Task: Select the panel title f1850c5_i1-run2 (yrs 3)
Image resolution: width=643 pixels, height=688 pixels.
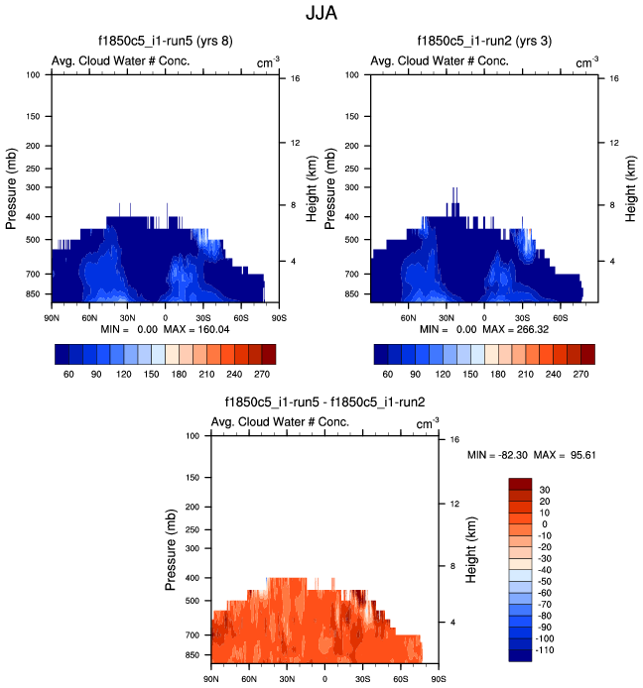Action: (482, 42)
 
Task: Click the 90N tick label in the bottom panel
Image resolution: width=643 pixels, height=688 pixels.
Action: (210, 679)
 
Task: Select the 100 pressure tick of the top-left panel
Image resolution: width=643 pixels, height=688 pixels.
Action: (33, 74)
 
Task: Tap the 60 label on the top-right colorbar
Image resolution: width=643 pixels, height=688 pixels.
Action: (393, 377)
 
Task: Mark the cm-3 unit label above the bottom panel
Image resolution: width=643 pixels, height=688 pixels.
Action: (429, 423)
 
